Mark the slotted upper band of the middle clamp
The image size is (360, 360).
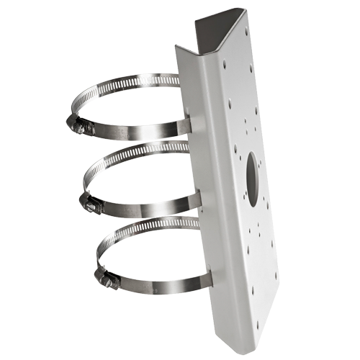click(137, 159)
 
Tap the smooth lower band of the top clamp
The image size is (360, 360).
click(137, 135)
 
